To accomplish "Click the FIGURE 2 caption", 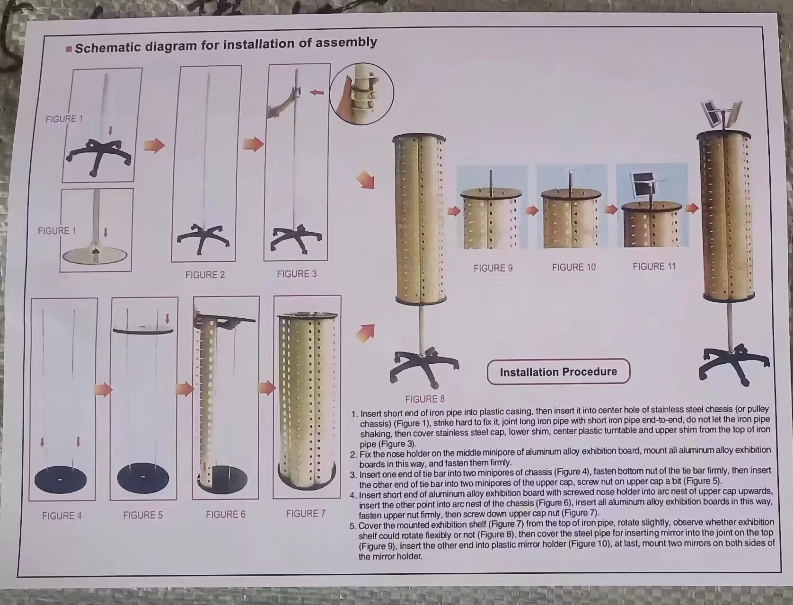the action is (x=205, y=275).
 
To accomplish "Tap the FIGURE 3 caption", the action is (x=297, y=274).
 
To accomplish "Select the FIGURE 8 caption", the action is (x=425, y=399).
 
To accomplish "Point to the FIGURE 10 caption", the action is (x=574, y=267).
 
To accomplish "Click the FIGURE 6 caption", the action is (x=225, y=514).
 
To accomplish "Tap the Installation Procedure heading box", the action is (x=558, y=372).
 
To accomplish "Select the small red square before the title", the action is (x=69, y=49).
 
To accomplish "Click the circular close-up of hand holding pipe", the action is (x=361, y=93).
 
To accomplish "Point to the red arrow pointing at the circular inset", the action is (x=317, y=92).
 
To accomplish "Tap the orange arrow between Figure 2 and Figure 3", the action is (x=254, y=144).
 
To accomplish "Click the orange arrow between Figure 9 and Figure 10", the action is (x=532, y=210).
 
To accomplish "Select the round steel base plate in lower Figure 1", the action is (x=95, y=255).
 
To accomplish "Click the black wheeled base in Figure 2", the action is (x=203, y=239).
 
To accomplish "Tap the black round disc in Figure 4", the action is (x=61, y=480).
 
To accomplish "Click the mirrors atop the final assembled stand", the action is (x=721, y=114).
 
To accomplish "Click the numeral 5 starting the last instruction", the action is (x=352, y=526).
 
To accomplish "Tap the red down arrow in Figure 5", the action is (x=167, y=318).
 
